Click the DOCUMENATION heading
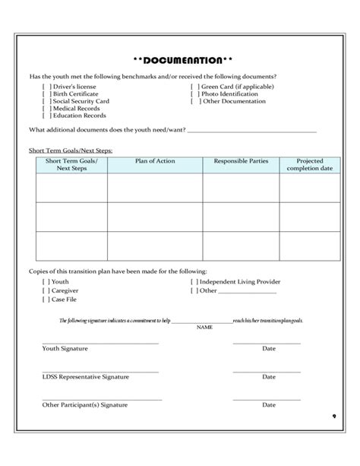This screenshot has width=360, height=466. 180,60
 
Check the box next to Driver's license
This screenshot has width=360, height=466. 46,87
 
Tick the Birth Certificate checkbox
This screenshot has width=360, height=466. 46,94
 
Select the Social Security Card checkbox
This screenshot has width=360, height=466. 46,101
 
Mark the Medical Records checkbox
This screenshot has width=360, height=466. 46,109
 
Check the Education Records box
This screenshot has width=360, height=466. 46,116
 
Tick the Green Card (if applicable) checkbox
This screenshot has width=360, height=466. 194,87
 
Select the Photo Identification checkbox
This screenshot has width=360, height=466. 194,94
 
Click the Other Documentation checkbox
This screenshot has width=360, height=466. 194,101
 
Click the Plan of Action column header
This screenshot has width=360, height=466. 155,161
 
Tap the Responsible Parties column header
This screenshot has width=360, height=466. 240,161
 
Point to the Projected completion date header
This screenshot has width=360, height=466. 309,164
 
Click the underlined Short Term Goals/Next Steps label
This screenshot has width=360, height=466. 70,151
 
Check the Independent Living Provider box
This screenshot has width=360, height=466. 194,282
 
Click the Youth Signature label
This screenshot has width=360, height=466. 65,348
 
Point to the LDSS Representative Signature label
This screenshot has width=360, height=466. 86,376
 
